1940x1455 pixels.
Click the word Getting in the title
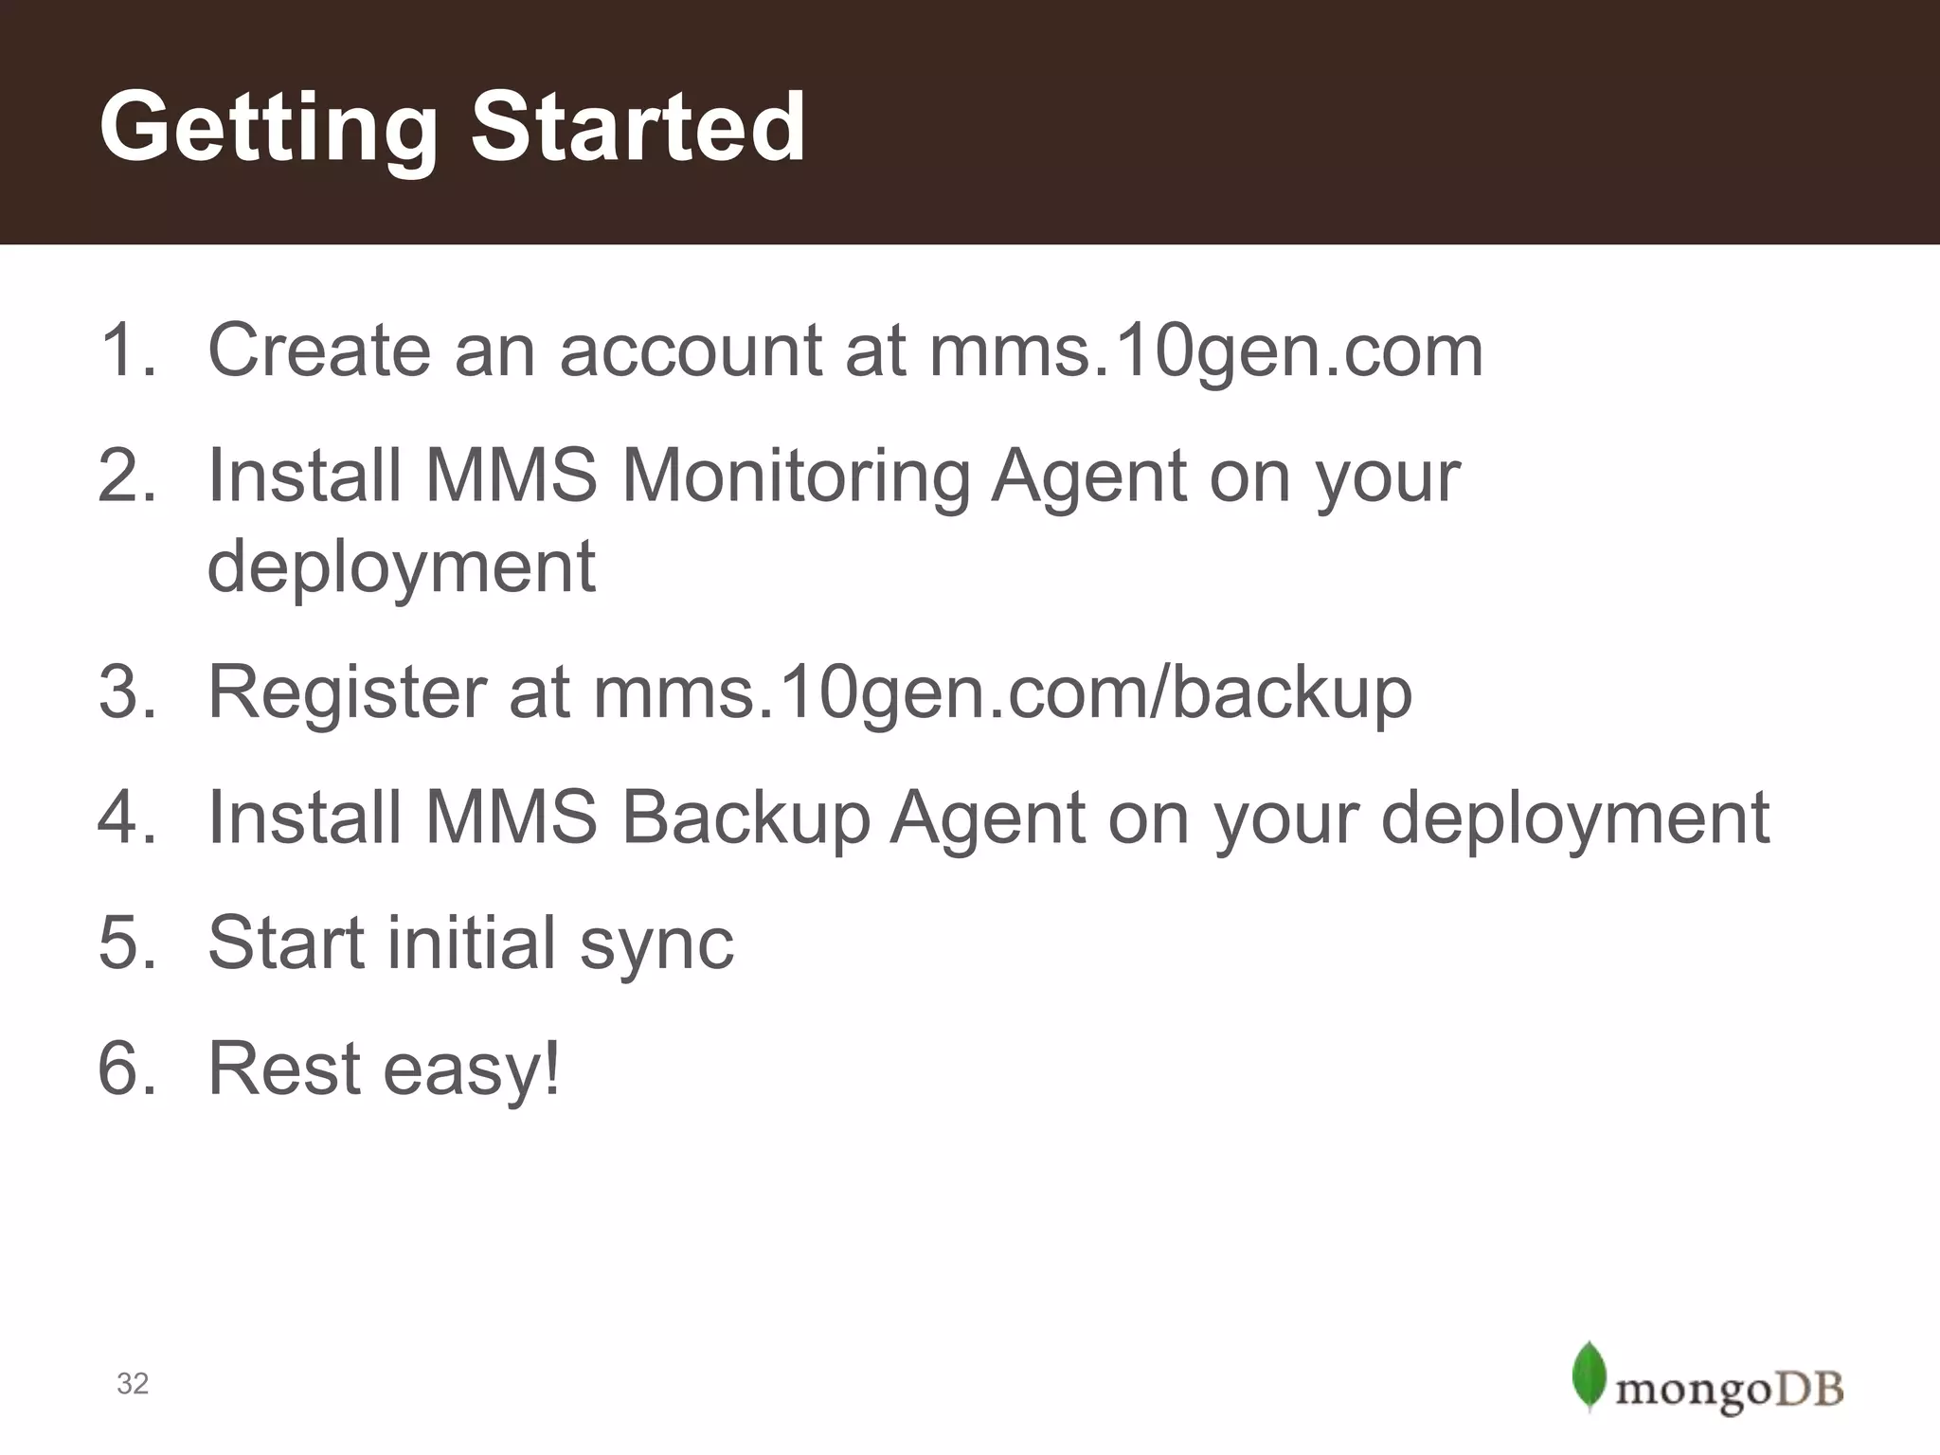268,128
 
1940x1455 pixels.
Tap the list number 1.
126,350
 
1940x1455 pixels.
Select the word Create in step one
318,350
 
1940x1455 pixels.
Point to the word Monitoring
795,476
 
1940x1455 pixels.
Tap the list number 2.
126,476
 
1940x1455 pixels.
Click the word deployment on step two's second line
401,566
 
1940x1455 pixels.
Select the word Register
347,693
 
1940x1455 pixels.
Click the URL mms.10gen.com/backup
1002,693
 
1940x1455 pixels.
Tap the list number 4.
126,817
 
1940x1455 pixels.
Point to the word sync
656,943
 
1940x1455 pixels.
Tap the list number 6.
126,1069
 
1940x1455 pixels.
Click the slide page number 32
133,1384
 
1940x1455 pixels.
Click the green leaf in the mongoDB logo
1589,1374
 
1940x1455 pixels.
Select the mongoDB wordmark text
1730,1391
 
